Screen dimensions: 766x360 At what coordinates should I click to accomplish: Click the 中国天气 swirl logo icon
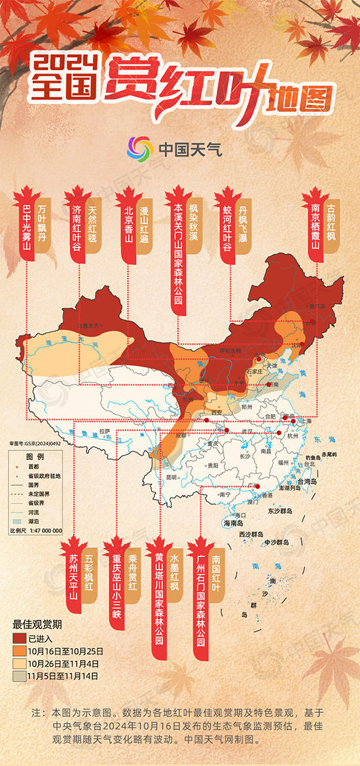tap(139, 149)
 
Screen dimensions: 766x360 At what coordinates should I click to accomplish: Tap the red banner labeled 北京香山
tap(128, 226)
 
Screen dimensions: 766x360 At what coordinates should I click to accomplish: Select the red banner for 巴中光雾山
tap(27, 229)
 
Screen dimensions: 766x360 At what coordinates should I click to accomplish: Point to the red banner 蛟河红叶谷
tap(228, 229)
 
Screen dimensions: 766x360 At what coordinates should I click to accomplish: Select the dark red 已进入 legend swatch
tap(19, 638)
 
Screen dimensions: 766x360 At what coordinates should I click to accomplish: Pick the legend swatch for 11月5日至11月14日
tap(19, 674)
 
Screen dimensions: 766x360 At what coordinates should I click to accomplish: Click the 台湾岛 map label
tap(306, 481)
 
